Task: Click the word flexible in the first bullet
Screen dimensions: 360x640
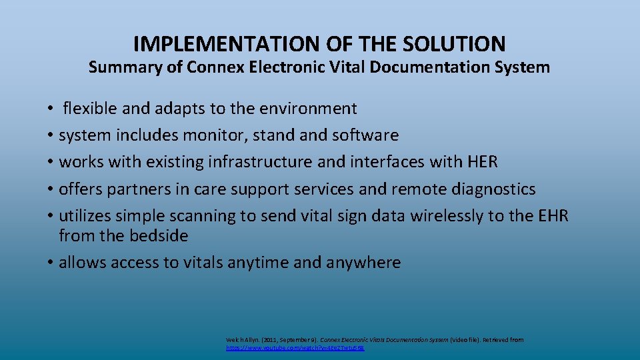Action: coord(90,108)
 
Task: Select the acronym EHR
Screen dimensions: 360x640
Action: coord(552,216)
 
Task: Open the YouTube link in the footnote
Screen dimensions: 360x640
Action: coord(295,348)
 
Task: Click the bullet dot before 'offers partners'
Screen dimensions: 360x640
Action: coord(51,190)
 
